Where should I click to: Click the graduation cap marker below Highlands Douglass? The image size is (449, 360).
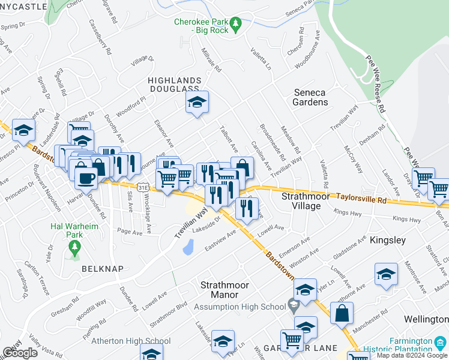(x=196, y=103)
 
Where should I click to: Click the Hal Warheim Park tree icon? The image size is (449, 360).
(x=75, y=247)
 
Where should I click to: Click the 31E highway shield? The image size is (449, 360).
(x=142, y=187)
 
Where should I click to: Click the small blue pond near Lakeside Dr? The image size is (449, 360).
(x=187, y=246)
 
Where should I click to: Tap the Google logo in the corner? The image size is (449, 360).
(x=20, y=353)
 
